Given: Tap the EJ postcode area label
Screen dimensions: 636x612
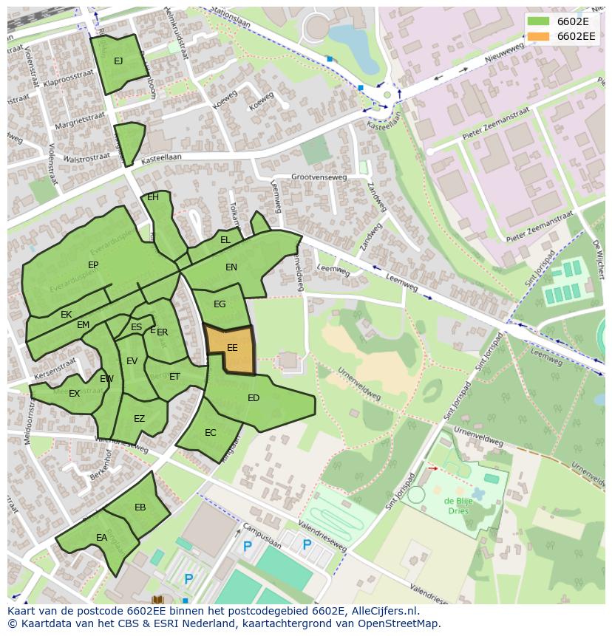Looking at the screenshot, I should click(118, 61).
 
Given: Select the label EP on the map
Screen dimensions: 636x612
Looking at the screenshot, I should click(93, 265).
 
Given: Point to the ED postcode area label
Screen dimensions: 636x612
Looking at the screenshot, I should click(254, 398).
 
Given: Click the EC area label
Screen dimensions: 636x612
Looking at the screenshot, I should click(211, 433).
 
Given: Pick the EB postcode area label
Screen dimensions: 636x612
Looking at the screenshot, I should click(140, 507).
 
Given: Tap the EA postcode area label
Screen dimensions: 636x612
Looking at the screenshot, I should click(102, 538).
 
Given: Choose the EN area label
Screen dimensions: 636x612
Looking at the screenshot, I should click(231, 267).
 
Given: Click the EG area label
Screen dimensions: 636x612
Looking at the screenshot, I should click(220, 304).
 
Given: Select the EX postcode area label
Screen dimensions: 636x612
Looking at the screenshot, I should click(74, 394).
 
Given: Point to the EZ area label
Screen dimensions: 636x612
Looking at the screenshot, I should click(139, 419).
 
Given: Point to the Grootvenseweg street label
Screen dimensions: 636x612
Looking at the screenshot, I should click(319, 177).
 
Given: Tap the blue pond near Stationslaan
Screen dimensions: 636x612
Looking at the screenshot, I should click(353, 44).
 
